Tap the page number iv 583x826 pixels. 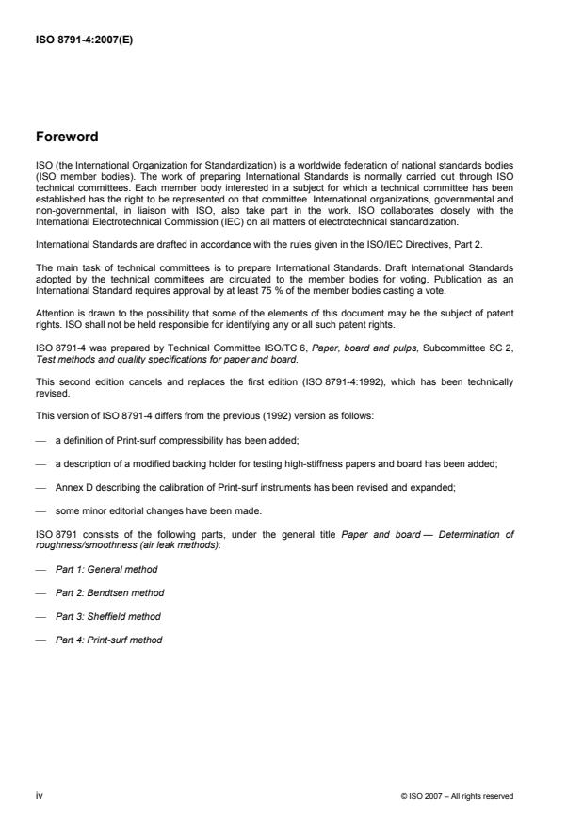pyautogui.click(x=39, y=795)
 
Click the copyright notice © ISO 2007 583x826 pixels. pyautogui.click(x=457, y=796)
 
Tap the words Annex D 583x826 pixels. pyautogui.click(x=72, y=488)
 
